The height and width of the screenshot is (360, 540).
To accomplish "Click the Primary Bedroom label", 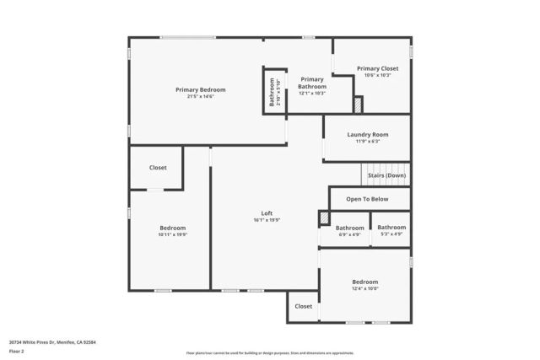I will [201, 89].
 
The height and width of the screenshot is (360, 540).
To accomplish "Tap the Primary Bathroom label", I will [311, 82].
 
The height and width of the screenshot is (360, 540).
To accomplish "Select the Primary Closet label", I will [376, 68].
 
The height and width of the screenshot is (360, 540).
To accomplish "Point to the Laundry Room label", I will [368, 134].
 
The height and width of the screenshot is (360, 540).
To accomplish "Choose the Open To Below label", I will [368, 199].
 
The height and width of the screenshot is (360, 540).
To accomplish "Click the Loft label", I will [267, 212].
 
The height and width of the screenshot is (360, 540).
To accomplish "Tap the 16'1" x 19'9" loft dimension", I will [267, 220].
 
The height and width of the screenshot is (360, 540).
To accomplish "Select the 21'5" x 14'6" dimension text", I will [201, 96].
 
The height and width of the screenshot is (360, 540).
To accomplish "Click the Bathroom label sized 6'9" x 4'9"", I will [349, 228].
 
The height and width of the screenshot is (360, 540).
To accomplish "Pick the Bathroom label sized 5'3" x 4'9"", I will [391, 227].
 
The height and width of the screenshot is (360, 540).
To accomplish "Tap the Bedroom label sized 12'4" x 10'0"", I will [365, 282].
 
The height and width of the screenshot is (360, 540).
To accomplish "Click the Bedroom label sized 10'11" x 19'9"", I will [173, 228].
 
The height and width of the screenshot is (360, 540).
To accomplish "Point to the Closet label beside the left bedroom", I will [158, 168].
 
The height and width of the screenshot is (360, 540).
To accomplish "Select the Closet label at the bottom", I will [304, 306].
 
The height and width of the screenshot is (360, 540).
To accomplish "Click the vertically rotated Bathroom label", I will [273, 92].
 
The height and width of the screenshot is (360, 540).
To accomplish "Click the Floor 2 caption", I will [17, 352].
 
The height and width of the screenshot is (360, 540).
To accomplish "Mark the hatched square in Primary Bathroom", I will [358, 105].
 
